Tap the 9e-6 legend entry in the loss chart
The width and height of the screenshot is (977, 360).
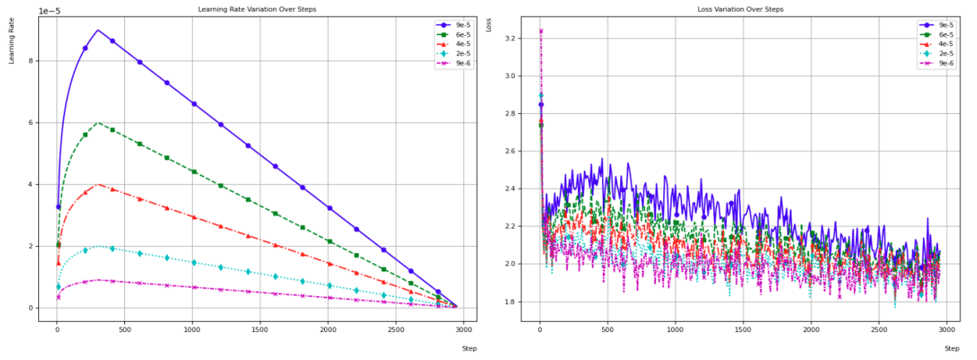click(x=944, y=64)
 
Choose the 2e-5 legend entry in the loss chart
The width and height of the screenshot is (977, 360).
click(x=944, y=54)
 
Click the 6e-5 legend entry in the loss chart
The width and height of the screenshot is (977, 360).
click(x=944, y=34)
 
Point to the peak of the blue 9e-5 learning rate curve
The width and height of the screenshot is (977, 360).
click(x=97, y=30)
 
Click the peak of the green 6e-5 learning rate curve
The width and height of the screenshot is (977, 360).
click(x=97, y=123)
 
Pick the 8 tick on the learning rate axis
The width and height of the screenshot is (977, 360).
click(x=29, y=61)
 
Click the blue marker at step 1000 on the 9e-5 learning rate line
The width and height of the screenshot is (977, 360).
click(x=193, y=104)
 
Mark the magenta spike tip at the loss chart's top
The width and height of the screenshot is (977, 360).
click(x=541, y=31)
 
